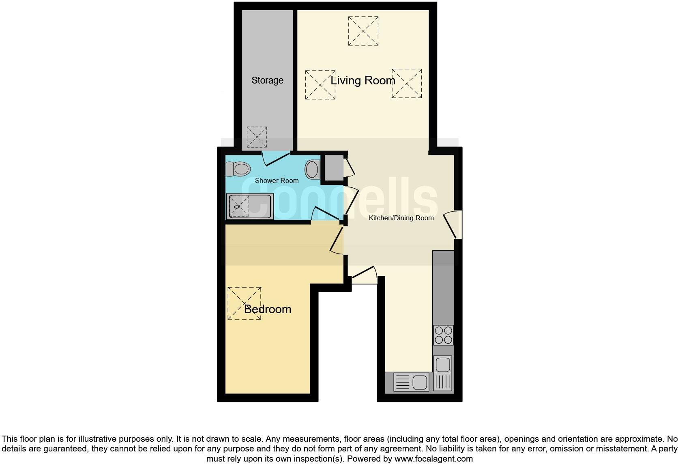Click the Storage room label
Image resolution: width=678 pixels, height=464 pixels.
tap(267, 80)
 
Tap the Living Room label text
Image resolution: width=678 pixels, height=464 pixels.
tap(363, 80)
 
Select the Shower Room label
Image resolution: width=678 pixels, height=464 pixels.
tap(277, 180)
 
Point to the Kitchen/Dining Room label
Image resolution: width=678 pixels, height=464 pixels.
tap(401, 218)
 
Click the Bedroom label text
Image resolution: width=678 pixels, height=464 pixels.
tap(268, 309)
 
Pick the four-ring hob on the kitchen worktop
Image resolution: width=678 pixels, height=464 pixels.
tap(443, 335)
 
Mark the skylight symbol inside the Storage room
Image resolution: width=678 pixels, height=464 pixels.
tap(257, 137)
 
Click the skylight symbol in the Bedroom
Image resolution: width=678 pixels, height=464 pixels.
tap(244, 303)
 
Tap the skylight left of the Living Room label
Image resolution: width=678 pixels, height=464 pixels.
tap(320, 84)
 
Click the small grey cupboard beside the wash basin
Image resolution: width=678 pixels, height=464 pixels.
tap(333, 167)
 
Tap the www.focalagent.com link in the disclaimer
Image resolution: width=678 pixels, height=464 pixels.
tap(434, 459)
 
